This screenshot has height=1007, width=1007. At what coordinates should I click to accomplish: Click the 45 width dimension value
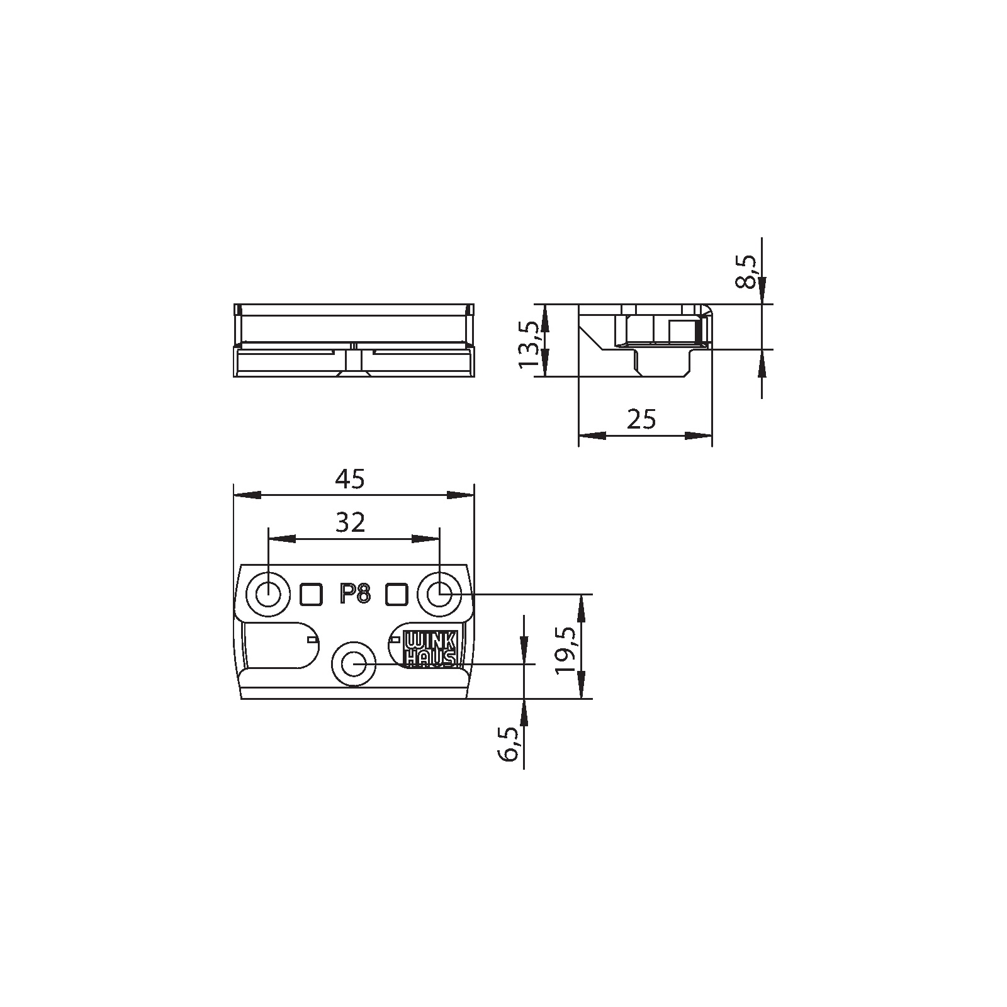(x=350, y=480)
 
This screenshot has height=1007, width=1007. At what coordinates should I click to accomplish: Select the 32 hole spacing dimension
(x=350, y=522)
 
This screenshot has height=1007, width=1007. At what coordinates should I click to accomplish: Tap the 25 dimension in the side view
(x=641, y=419)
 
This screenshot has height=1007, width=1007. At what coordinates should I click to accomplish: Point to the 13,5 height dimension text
(x=529, y=345)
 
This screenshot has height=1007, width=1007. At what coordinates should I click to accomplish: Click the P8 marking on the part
(x=354, y=594)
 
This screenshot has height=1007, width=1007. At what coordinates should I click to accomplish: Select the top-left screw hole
(x=269, y=594)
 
